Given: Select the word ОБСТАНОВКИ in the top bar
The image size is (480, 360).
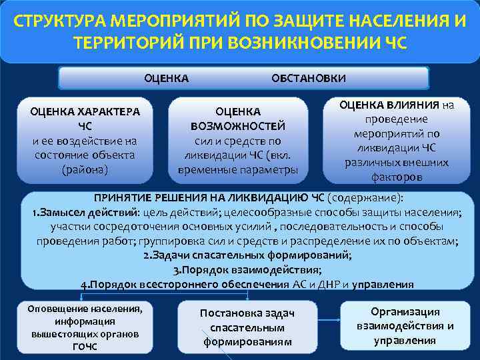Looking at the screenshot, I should (x=309, y=78).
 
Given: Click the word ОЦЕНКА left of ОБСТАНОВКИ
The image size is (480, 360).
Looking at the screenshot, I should (x=167, y=78).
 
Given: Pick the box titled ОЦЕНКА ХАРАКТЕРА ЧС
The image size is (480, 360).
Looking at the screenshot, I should (x=85, y=140).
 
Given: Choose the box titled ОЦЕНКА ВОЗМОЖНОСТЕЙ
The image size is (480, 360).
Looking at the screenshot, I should (x=238, y=140).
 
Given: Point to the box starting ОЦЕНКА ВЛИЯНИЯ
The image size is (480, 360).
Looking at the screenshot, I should (x=397, y=141).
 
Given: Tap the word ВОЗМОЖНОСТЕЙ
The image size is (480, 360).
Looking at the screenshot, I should (x=238, y=126).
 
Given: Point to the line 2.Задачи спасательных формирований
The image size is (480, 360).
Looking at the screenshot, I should (x=248, y=255).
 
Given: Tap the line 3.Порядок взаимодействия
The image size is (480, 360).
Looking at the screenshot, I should (x=247, y=270).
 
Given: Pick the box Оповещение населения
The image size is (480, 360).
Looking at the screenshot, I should (x=85, y=327).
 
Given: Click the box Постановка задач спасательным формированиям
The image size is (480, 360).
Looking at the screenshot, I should (x=247, y=327).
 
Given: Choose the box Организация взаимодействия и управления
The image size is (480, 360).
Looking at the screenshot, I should (x=405, y=326).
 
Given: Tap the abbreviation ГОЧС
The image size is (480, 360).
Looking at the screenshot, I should (x=85, y=347).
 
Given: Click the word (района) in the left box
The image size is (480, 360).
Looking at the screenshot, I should (x=85, y=169).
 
